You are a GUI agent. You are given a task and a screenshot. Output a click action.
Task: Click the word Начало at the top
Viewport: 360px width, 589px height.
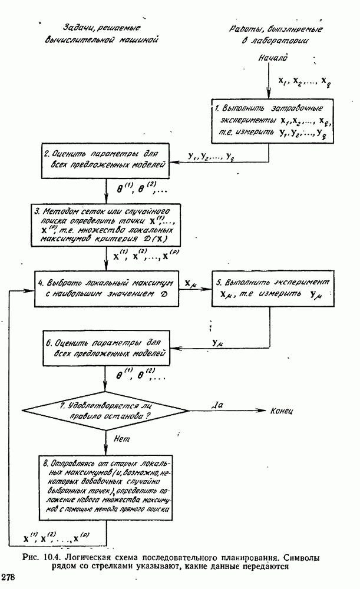pos(273,58)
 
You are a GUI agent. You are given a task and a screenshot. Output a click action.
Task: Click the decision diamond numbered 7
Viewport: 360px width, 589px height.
pos(105,411)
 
